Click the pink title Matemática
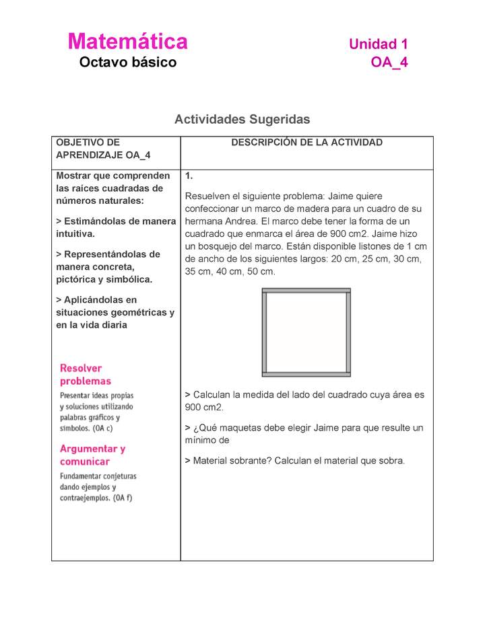coord(127,42)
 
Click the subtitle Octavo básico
coord(127,63)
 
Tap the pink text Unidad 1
coord(378,44)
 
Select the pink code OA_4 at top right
coord(389,63)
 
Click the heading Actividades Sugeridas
coord(242,119)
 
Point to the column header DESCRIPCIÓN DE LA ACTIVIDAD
coord(306,143)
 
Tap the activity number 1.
coord(189,176)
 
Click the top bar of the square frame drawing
coord(306,291)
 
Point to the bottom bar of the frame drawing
coord(306,373)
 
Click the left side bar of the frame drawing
coord(265,332)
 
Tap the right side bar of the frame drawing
coord(348,332)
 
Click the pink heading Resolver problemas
coord(86,375)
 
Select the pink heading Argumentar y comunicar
coord(92,455)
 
